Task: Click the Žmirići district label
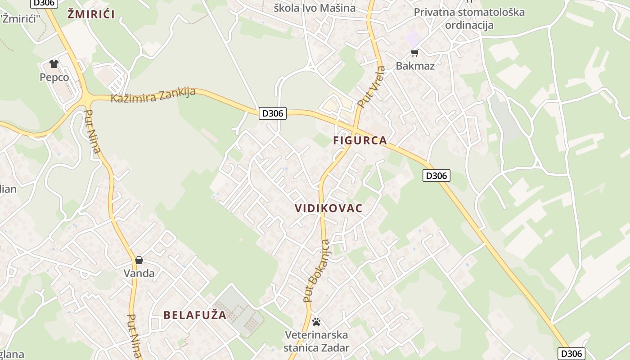(91, 14)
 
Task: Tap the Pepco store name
(54, 77)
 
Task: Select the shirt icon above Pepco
(54, 64)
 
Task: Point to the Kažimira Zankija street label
(153, 95)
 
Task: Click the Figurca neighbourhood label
(360, 140)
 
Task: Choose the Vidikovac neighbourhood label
(328, 208)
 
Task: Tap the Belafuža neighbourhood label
(195, 315)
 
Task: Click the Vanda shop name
(139, 273)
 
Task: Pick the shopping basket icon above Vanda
(139, 260)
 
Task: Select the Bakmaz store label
(415, 66)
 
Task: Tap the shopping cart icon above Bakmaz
(415, 53)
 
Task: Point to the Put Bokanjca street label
(316, 271)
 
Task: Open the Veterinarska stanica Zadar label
(316, 342)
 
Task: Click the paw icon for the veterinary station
(316, 322)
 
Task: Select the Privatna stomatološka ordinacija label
(469, 18)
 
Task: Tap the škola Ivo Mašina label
(315, 8)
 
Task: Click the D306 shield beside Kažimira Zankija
(273, 113)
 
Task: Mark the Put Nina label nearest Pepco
(92, 131)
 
